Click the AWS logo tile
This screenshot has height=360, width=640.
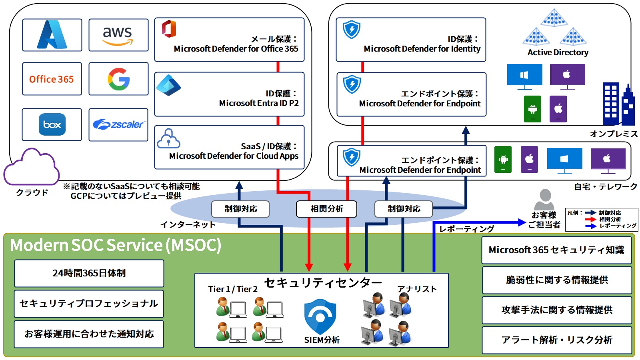(118, 35)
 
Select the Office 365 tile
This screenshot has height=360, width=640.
(52, 79)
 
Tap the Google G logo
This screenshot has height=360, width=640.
(118, 79)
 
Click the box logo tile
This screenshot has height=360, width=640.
(52, 124)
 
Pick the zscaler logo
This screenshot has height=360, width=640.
(118, 124)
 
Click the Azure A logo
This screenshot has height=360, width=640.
(52, 35)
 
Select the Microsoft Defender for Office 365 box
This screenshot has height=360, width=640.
(229, 40)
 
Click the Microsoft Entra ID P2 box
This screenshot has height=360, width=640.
(229, 94)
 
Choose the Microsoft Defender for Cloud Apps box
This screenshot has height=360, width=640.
(229, 147)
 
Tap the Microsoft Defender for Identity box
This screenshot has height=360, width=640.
(411, 40)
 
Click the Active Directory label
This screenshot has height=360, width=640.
(558, 52)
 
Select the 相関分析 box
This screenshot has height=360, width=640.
(326, 209)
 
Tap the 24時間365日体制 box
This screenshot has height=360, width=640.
(89, 273)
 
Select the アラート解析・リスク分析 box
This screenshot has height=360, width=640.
(556, 340)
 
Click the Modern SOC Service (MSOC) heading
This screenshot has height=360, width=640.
(116, 245)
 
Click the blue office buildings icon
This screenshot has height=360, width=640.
(618, 105)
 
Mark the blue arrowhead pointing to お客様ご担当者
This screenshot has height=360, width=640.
(522, 222)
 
